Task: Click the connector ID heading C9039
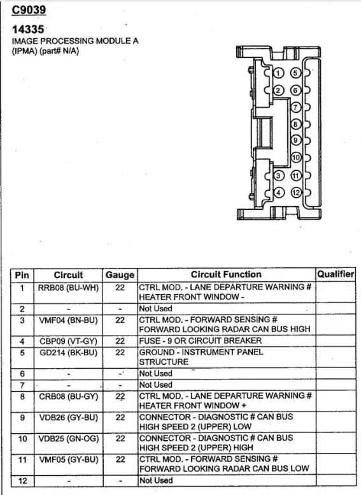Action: (x=29, y=10)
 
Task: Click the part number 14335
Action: (x=28, y=29)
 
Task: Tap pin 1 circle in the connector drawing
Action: (x=278, y=73)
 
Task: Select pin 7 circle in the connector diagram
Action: (x=295, y=107)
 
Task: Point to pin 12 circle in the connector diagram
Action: (x=296, y=192)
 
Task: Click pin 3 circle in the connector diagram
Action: (x=278, y=175)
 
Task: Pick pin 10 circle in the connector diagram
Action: (x=296, y=157)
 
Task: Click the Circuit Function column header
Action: (x=226, y=274)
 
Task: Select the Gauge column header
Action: (x=120, y=275)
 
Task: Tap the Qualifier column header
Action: (x=336, y=274)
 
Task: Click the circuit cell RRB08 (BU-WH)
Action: (x=68, y=288)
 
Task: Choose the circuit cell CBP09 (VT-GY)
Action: (x=68, y=341)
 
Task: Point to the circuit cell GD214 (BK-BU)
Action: (x=68, y=353)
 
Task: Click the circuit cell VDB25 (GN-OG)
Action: (x=68, y=439)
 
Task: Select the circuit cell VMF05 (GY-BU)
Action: (x=68, y=460)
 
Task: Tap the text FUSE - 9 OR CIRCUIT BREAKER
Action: (x=201, y=341)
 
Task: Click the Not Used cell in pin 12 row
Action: (x=155, y=480)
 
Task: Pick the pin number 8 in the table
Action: (x=22, y=396)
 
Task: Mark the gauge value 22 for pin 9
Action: (x=120, y=417)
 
